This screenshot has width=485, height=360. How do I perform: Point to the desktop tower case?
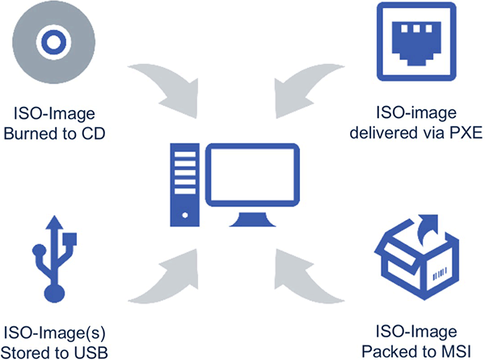tap(183, 185)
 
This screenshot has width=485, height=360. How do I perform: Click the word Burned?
tap(28, 130)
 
